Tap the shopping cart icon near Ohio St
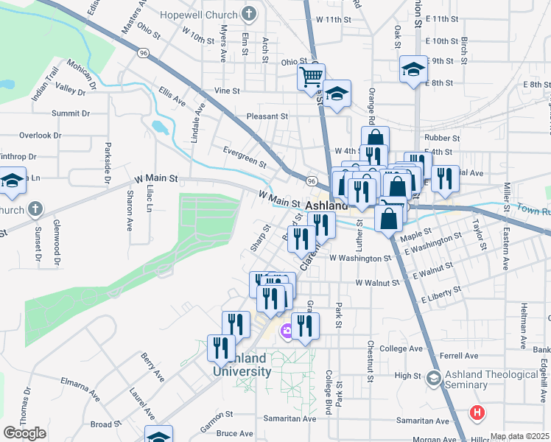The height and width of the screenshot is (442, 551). coord(312,76)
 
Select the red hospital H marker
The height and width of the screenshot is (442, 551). coord(477,413)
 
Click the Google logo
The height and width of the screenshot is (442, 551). coord(24,433)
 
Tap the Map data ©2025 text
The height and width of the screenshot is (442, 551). coord(519,436)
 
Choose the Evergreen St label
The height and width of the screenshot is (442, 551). coord(245,157)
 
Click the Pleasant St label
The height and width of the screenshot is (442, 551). coord(267,116)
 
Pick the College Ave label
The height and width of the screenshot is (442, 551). coord(401,348)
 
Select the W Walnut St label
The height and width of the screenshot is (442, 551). coord(376,283)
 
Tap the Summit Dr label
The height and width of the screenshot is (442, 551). coord(70,113)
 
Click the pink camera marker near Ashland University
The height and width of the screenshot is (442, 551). coord(286,334)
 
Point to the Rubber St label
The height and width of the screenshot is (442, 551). coord(442,138)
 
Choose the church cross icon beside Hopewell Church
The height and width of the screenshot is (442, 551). coord(249,14)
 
